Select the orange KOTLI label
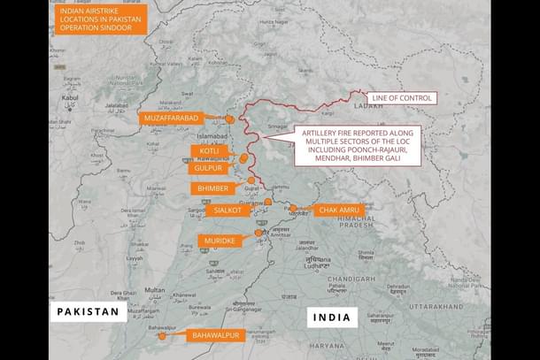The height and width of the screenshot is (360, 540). [x=209, y=151]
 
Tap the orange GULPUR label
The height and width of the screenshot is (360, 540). [x=207, y=168]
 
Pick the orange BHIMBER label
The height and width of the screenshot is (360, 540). [x=212, y=188]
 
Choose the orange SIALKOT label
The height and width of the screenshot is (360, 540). [x=230, y=211]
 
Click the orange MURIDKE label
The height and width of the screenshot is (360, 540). [x=220, y=241]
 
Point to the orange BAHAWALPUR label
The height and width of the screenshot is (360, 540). [x=215, y=335]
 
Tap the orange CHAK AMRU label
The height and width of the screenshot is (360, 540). [x=339, y=210]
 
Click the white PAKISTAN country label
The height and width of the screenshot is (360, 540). [x=88, y=312]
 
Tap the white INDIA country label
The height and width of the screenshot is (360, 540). [x=333, y=318]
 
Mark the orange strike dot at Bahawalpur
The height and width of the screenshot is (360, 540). [x=162, y=336]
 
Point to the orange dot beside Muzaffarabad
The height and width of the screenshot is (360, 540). [x=230, y=119]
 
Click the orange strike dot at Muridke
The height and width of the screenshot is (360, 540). [x=258, y=233]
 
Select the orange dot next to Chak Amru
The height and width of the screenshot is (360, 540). [x=293, y=209]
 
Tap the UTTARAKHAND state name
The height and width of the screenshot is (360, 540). [x=435, y=306]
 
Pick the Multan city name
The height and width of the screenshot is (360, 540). [x=155, y=289]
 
